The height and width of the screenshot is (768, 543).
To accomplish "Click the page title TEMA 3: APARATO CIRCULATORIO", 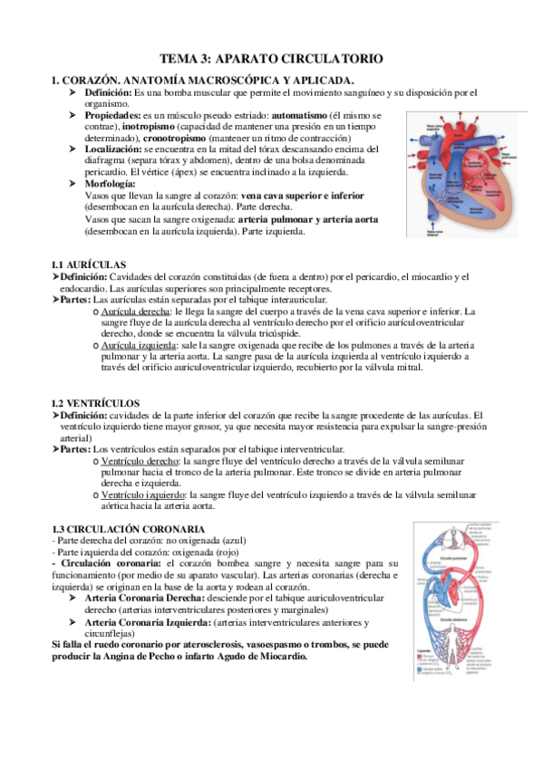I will [271, 58].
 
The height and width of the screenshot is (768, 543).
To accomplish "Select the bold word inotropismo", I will [125, 129].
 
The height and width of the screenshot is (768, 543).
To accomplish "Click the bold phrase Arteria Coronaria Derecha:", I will [150, 599].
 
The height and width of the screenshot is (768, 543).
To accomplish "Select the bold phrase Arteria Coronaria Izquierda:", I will [153, 622].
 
